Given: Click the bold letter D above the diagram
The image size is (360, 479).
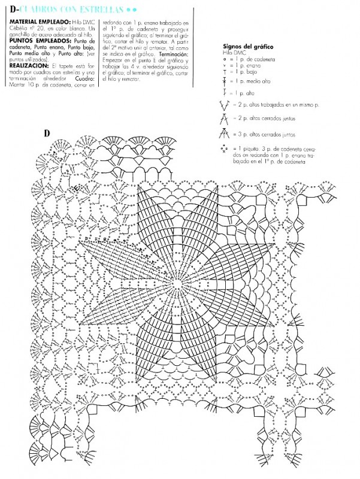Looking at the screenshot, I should (x=47, y=132).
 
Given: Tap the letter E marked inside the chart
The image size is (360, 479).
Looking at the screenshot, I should (x=76, y=189).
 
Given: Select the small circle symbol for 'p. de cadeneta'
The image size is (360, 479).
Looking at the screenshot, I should (x=223, y=59).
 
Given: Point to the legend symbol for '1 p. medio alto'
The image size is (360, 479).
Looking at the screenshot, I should (x=223, y=80).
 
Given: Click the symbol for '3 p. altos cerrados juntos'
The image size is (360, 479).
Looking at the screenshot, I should (x=225, y=135).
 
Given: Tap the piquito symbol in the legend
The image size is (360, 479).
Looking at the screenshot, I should (x=224, y=148).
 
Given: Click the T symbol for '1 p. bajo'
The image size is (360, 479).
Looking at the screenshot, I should (x=223, y=70).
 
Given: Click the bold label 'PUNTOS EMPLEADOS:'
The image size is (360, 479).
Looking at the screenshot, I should (x=31, y=41).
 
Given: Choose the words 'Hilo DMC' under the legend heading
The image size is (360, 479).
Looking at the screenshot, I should (x=232, y=53).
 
